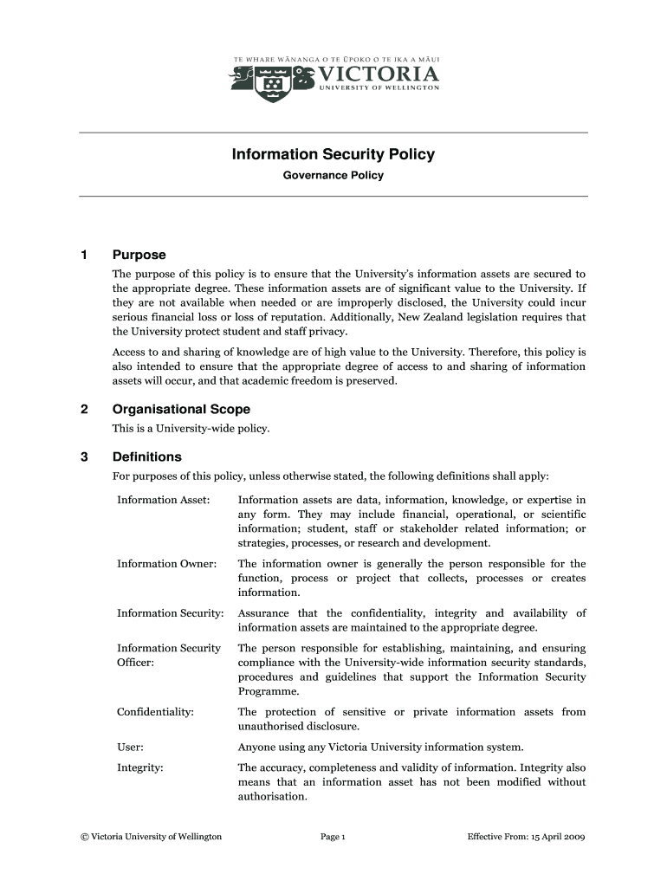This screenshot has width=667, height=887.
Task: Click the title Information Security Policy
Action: coord(333,155)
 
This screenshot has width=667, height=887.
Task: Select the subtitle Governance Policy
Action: coord(333,176)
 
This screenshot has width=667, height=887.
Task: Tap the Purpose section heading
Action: coord(139,256)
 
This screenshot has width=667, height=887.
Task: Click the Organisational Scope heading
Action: coord(181,409)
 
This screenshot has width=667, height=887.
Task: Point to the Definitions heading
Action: coord(146,456)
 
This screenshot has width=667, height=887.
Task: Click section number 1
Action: coord(84,256)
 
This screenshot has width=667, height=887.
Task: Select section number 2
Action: coord(84,409)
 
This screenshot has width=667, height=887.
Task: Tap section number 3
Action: coord(84,456)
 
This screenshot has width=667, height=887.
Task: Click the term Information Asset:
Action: coord(164,501)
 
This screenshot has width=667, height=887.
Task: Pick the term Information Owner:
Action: coord(166,564)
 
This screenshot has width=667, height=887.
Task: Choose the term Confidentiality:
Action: coord(155,712)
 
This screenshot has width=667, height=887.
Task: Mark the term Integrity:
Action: coord(140,767)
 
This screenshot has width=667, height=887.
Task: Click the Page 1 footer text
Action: coord(333,837)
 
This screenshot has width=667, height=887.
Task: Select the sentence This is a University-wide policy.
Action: coord(191,429)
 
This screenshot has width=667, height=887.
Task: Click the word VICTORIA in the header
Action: coord(379,72)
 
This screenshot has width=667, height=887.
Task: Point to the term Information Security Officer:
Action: coord(169,656)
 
